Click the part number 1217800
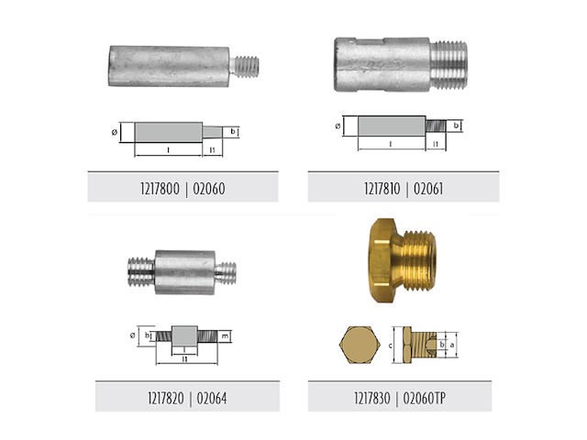(x=160, y=189)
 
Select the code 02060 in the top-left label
(x=209, y=189)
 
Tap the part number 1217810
(x=382, y=189)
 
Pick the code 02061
(x=428, y=189)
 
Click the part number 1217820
(x=166, y=398)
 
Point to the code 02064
(x=212, y=398)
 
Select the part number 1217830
(x=372, y=398)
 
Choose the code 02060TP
(x=424, y=398)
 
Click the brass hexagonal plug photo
(x=402, y=260)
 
